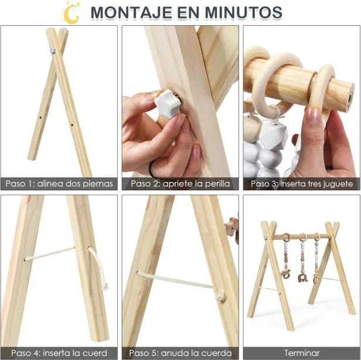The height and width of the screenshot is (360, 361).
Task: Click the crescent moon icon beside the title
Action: pos(71,12)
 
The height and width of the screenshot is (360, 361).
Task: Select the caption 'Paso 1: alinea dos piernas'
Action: pos(59,184)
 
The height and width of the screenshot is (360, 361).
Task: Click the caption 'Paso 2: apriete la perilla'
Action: pos(180,184)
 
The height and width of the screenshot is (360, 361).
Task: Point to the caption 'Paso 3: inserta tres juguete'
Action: pos(302,184)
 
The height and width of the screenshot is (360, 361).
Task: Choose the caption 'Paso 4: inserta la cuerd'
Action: pos(59,353)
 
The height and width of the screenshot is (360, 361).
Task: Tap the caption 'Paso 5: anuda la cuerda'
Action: pos(180,353)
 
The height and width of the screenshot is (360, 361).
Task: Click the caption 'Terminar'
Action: pos(302,353)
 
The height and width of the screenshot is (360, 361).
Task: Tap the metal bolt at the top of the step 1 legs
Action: pos(52,52)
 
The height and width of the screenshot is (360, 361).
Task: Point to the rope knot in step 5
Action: pos(220,296)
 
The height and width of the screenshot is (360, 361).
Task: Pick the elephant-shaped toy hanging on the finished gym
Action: pos(285,273)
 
